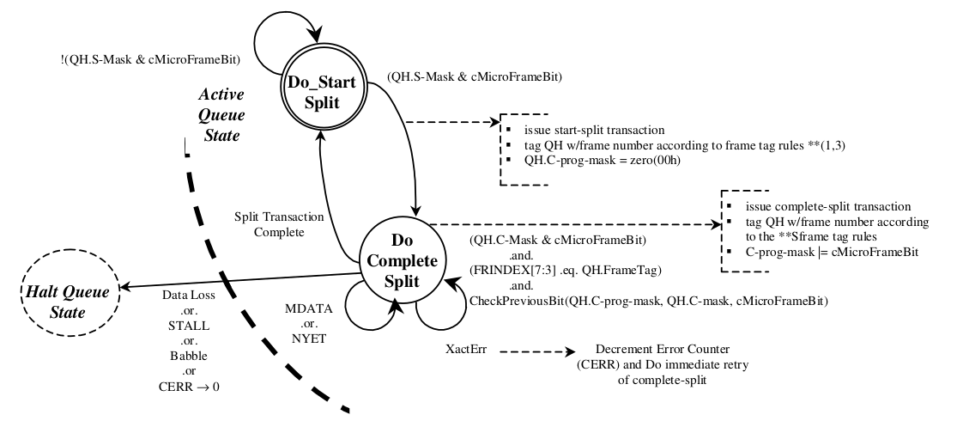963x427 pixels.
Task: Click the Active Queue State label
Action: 221,114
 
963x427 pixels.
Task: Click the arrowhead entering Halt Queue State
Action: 125,287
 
